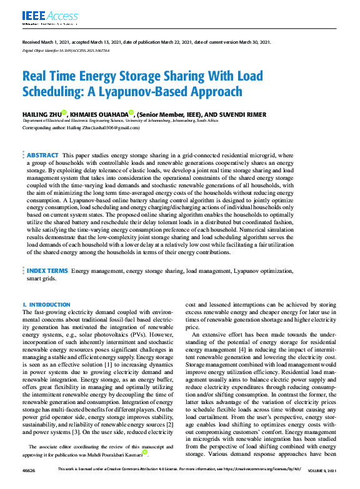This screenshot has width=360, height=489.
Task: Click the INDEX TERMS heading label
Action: point(47,271)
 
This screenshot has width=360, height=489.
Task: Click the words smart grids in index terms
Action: point(38,279)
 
